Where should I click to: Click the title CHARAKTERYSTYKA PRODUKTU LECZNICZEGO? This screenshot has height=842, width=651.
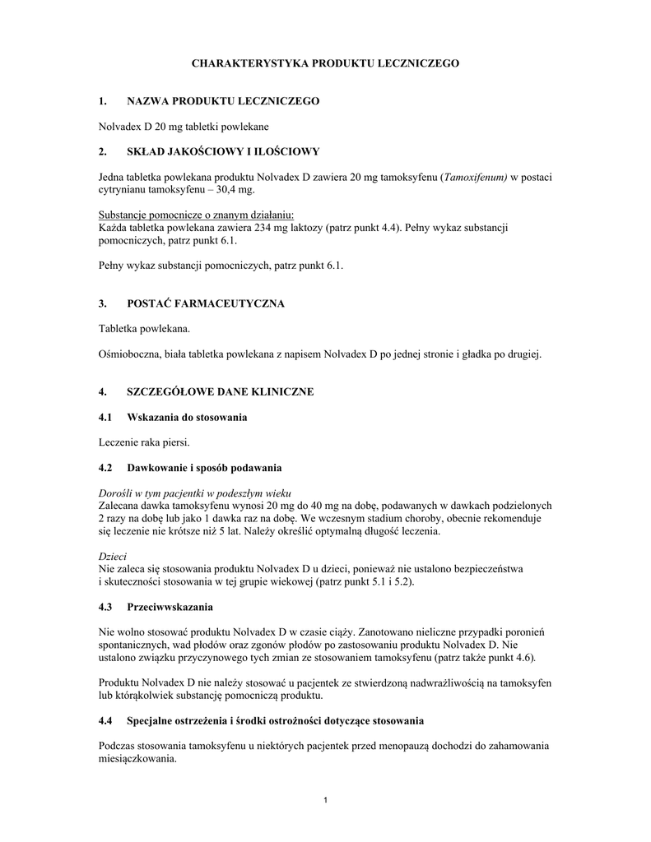click(x=325, y=62)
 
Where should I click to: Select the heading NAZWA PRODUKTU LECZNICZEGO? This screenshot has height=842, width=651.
click(x=222, y=101)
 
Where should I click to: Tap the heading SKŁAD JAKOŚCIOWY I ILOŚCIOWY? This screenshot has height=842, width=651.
click(x=217, y=152)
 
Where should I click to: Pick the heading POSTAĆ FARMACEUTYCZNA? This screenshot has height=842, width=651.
click(x=205, y=304)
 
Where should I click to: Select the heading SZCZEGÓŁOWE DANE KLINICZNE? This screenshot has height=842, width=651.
click(x=220, y=392)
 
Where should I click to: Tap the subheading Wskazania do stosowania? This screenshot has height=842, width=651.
click(x=187, y=418)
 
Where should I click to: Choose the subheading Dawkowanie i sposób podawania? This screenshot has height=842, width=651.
click(x=204, y=469)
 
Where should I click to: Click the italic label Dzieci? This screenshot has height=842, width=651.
click(x=111, y=557)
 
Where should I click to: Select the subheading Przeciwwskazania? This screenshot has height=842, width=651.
click(x=170, y=607)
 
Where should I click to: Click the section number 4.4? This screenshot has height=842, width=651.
click(x=105, y=721)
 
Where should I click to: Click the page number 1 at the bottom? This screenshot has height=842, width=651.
click(x=326, y=802)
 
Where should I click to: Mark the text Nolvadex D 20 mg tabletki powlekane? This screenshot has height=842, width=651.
click(x=184, y=127)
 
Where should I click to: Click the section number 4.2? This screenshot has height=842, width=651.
click(x=105, y=469)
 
